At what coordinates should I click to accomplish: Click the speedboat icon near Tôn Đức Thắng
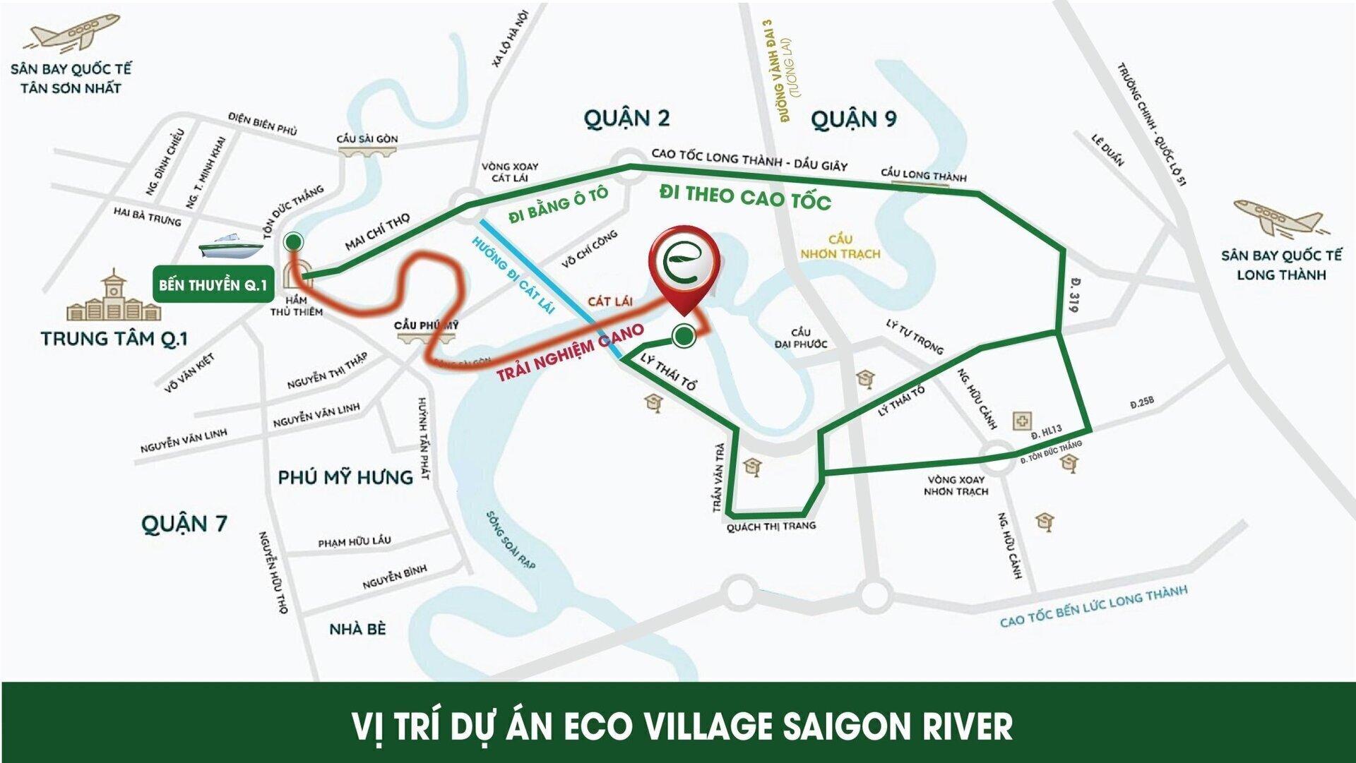230,246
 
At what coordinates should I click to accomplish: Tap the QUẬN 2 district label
626,118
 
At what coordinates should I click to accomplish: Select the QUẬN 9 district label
853,119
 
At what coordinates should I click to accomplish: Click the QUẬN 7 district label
184,524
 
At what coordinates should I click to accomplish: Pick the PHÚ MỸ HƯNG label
345,477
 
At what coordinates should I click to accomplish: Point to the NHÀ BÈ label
357,629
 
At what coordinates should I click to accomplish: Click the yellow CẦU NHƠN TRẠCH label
840,246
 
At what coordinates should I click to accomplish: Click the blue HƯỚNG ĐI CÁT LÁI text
513,275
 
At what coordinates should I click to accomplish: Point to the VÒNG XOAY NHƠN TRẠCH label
956,485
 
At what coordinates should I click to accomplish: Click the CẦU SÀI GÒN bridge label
367,138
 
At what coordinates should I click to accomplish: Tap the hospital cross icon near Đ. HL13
1021,421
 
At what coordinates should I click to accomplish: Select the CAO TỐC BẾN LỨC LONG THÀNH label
1093,606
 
